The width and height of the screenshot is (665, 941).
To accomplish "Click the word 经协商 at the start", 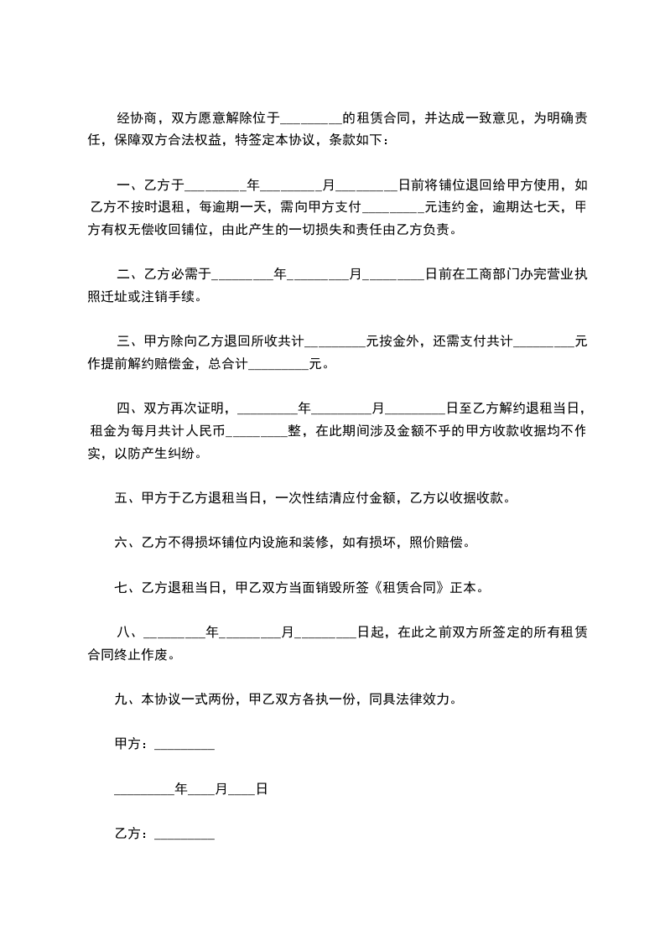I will pos(134,117).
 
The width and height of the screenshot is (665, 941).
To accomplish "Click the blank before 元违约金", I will pos(396,206).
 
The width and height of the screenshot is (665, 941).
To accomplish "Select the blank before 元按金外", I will pos(335,342).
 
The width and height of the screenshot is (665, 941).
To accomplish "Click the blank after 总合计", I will pos(279,364).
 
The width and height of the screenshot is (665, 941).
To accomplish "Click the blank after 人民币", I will pos(257,432).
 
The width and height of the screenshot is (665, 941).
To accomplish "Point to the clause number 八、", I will pos(130,632).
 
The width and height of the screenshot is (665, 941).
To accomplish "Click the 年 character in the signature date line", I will pos(180,789).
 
